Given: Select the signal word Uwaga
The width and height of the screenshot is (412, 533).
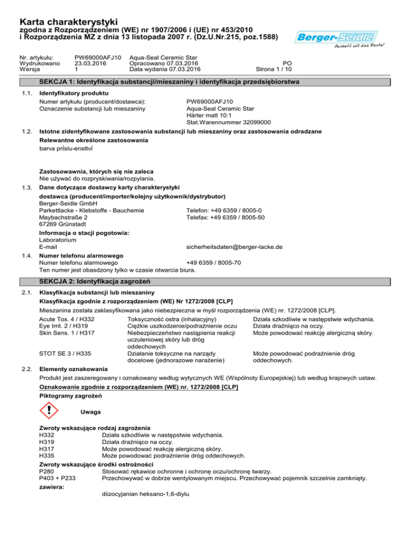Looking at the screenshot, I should click(x=89, y=412).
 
